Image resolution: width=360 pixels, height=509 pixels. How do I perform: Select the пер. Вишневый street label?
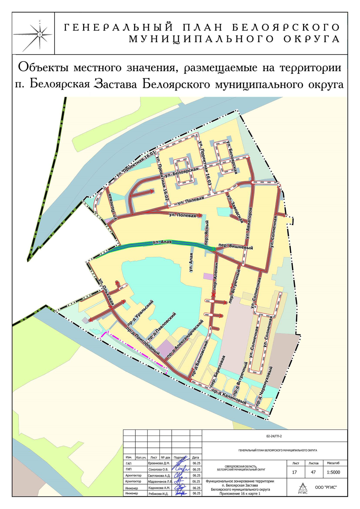tap(236, 246)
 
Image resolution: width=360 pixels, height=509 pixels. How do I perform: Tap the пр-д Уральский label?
tap(144, 311)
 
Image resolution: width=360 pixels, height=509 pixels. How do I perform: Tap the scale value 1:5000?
tap(333, 472)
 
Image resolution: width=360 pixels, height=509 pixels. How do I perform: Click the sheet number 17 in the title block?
tap(294, 472)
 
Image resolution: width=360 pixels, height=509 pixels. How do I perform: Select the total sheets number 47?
tap(313, 472)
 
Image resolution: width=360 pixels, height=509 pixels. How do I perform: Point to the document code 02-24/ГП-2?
tap(274, 436)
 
